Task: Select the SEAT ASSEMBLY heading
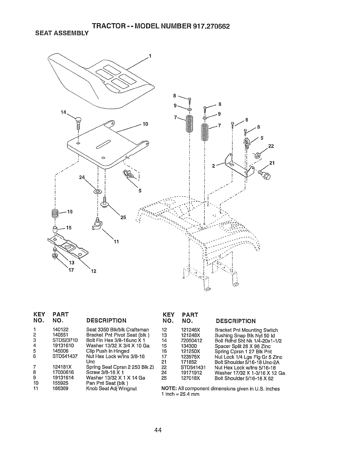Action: (x=61, y=33)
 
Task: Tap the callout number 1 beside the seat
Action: (x=150, y=56)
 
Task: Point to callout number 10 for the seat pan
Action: (x=145, y=124)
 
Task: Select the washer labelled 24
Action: (x=97, y=191)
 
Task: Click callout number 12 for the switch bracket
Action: (x=93, y=271)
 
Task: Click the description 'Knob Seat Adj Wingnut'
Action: (x=111, y=389)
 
